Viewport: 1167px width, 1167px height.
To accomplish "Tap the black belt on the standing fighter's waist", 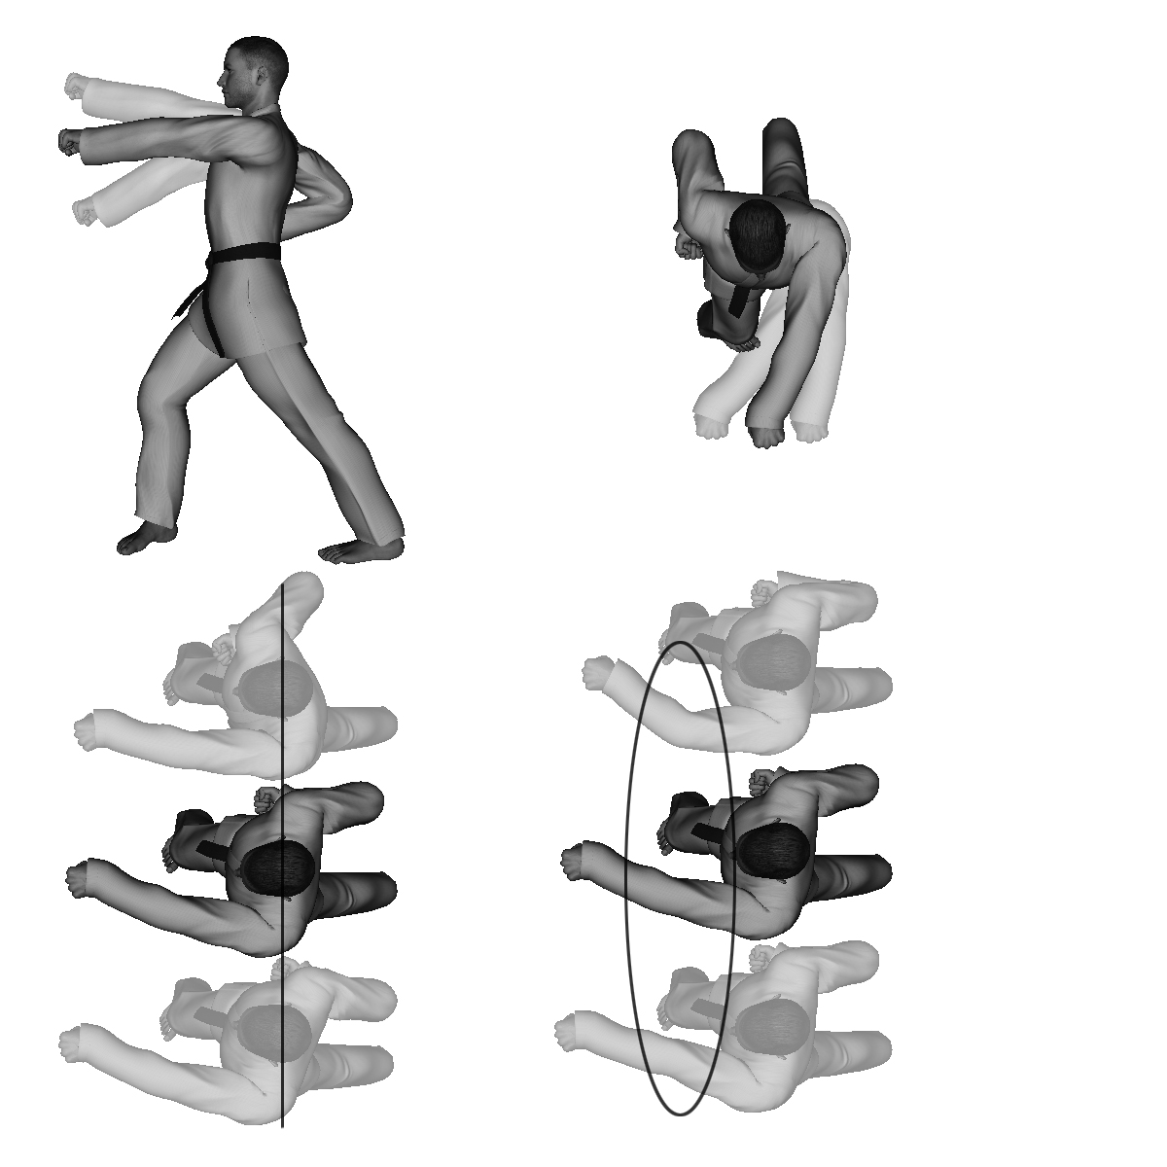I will tap(243, 255).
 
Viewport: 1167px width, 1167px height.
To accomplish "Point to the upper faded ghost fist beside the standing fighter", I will tap(75, 86).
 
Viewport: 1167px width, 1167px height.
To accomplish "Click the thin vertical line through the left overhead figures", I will tap(282, 1070).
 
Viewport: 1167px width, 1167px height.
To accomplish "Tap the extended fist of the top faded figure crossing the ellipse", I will tap(599, 673).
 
